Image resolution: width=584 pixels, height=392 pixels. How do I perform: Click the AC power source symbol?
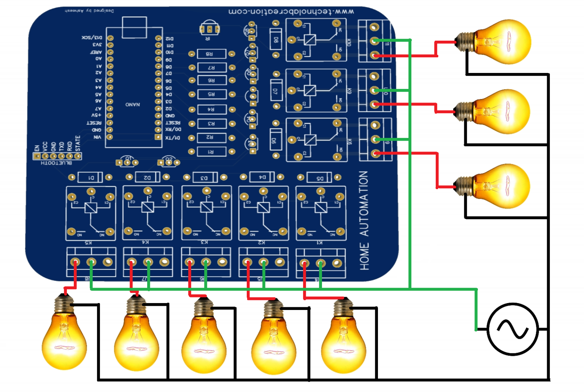point(513,329)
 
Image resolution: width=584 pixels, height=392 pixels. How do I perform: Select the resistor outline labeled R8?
point(211,54)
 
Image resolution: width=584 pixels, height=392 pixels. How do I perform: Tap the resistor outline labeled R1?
point(211,152)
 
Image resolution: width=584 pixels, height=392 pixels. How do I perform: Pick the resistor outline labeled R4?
point(211,109)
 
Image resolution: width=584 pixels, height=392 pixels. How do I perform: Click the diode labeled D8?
point(276,40)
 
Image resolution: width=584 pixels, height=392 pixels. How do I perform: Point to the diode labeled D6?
point(276,140)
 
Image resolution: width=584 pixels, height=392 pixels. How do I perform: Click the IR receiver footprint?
point(209,29)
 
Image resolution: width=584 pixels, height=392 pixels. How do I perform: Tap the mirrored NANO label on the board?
point(133,104)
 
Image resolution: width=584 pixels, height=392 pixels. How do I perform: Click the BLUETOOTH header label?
point(56,163)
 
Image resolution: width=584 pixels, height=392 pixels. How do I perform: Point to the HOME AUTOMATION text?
point(364,220)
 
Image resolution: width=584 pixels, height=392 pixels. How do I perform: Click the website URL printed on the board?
point(291,11)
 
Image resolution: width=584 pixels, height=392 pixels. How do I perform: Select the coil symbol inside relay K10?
point(310,40)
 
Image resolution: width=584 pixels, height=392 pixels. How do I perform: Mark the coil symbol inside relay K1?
point(321,207)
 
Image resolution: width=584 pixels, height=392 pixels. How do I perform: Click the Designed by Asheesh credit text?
point(89,11)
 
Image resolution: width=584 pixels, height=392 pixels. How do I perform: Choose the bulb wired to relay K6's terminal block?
point(498,186)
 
